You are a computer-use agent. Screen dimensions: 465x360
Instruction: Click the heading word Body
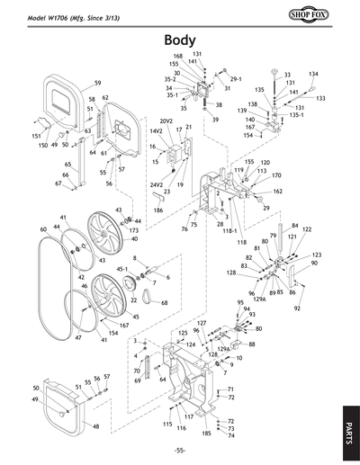(180, 40)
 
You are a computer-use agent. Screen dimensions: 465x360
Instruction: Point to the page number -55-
(180, 450)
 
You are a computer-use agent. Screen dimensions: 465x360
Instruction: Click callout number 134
(313, 74)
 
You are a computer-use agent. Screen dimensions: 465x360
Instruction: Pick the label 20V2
(166, 121)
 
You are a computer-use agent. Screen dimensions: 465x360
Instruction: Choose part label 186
(158, 210)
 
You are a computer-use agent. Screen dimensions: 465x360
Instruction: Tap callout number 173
(133, 231)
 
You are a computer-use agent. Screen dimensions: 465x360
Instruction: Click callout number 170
(276, 175)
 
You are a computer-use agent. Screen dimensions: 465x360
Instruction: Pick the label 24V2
(143, 184)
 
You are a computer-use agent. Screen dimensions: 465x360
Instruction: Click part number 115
(167, 423)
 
